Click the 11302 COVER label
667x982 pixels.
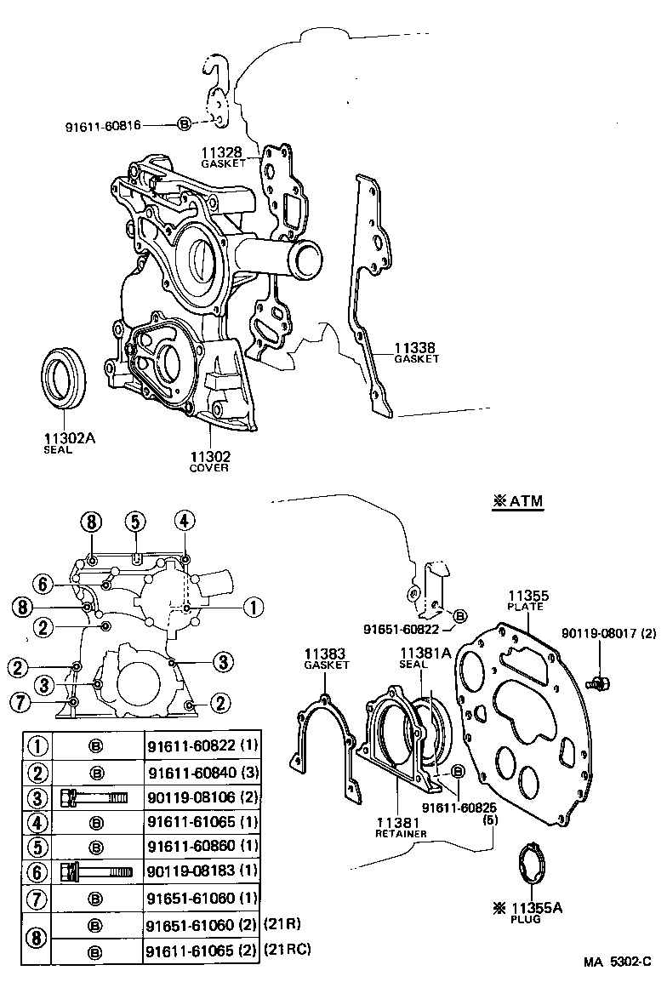coord(209,461)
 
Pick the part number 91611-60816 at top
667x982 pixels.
coord(115,125)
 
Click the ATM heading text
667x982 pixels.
coord(517,502)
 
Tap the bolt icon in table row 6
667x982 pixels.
coord(96,872)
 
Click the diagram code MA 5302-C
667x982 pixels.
coord(617,962)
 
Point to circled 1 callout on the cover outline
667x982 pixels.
coord(251,607)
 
